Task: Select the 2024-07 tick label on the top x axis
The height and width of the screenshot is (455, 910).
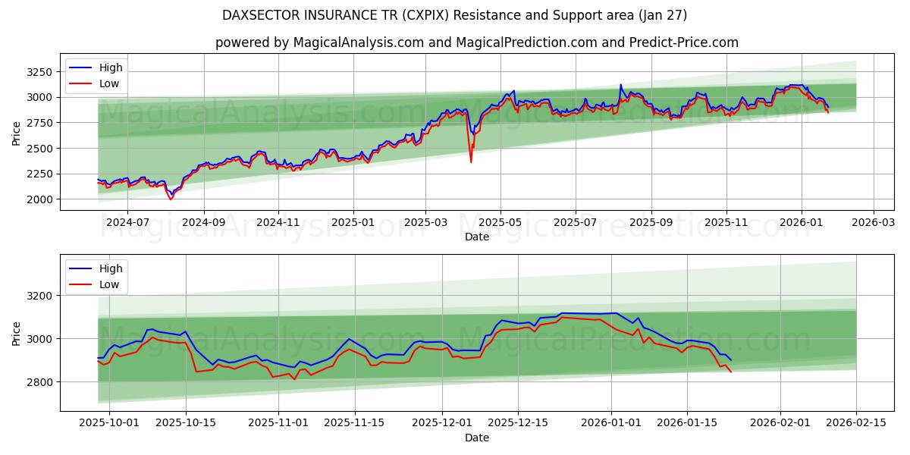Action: coord(127,223)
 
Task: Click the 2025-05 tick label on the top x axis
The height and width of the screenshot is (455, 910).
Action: coord(500,223)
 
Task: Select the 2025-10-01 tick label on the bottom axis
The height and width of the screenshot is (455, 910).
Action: coord(109,423)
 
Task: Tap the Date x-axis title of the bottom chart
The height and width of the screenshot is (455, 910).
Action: coord(476,438)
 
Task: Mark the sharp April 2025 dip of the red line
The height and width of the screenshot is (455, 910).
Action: coord(471,162)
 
